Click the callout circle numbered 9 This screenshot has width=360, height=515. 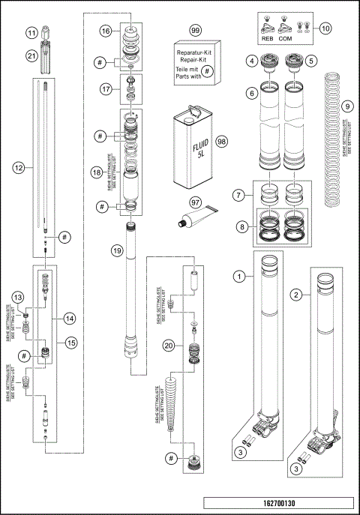[x=346, y=107]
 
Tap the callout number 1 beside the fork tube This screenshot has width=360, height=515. [x=239, y=277]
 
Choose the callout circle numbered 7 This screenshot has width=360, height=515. [x=239, y=195]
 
